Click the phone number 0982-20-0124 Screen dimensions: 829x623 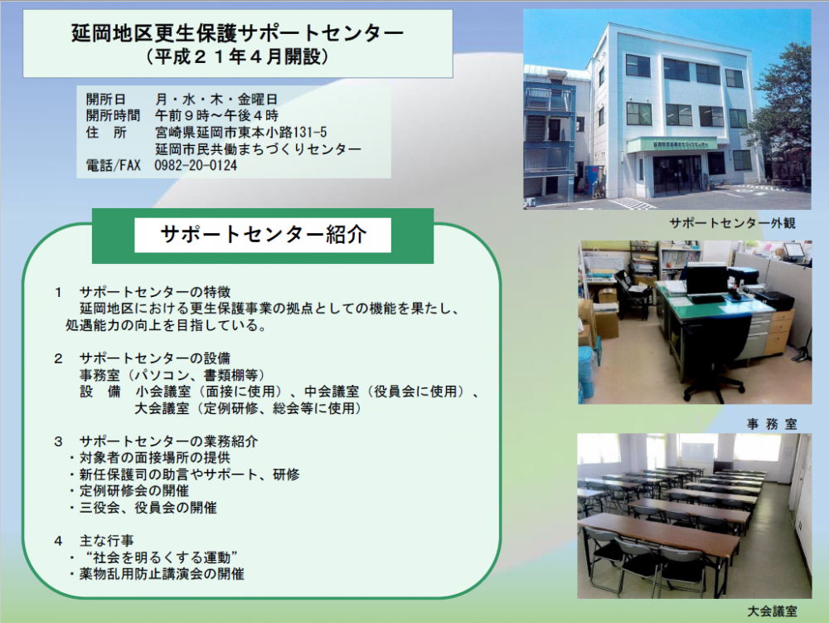pos(196,166)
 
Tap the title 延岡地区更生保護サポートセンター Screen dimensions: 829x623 pos(237,33)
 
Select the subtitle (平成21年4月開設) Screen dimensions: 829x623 pos(237,56)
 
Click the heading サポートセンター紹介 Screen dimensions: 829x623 pos(263,234)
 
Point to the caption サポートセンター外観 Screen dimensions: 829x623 pos(732,223)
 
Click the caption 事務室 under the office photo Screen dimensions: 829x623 pos(772,424)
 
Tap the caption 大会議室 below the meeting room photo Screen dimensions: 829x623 pos(772,611)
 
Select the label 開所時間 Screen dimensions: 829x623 pos(113,116)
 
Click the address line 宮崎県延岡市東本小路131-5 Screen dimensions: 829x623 pos(241,132)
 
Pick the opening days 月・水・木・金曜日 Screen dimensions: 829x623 pos(216,99)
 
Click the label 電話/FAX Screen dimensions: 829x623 pos(113,166)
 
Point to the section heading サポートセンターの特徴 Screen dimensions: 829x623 pos(155,292)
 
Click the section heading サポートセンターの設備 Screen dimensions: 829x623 pos(155,358)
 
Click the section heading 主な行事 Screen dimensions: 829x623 pos(107,541)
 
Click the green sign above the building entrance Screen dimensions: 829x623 pos(672,144)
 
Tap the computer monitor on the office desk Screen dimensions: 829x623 pos(706,278)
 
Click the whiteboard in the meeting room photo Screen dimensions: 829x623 pos(696,451)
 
